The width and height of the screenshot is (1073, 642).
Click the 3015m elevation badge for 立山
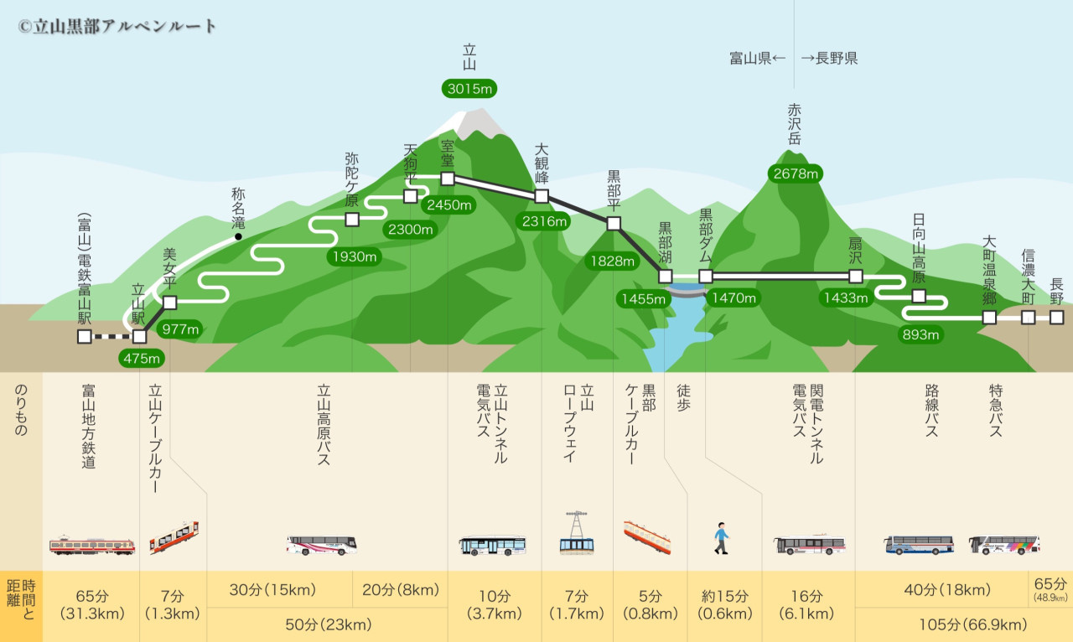pyautogui.click(x=469, y=88)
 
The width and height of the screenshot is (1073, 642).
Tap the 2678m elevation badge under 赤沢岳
pyautogui.click(x=795, y=173)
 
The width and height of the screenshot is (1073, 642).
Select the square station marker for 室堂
pyautogui.click(x=448, y=179)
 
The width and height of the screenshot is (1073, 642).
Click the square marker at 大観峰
pyautogui.click(x=542, y=196)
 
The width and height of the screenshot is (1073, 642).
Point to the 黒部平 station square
pyautogui.click(x=614, y=223)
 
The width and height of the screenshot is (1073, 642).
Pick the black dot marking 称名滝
pyautogui.click(x=239, y=237)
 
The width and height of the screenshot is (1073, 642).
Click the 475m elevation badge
pyautogui.click(x=141, y=359)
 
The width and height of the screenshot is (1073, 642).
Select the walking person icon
pyautogui.click(x=721, y=537)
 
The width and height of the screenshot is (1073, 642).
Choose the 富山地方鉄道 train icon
pyautogui.click(x=91, y=546)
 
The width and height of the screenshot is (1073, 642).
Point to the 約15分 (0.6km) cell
pyautogui.click(x=725, y=605)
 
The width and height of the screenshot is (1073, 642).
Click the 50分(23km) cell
pyautogui.click(x=327, y=624)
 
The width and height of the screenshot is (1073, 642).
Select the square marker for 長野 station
pyautogui.click(x=1056, y=317)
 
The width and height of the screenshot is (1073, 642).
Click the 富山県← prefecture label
pyautogui.click(x=758, y=59)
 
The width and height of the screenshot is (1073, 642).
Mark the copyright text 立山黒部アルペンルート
pyautogui.click(x=117, y=26)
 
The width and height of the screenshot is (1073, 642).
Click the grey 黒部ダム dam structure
pyautogui.click(x=686, y=290)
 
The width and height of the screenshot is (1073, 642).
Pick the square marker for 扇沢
pyautogui.click(x=856, y=276)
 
